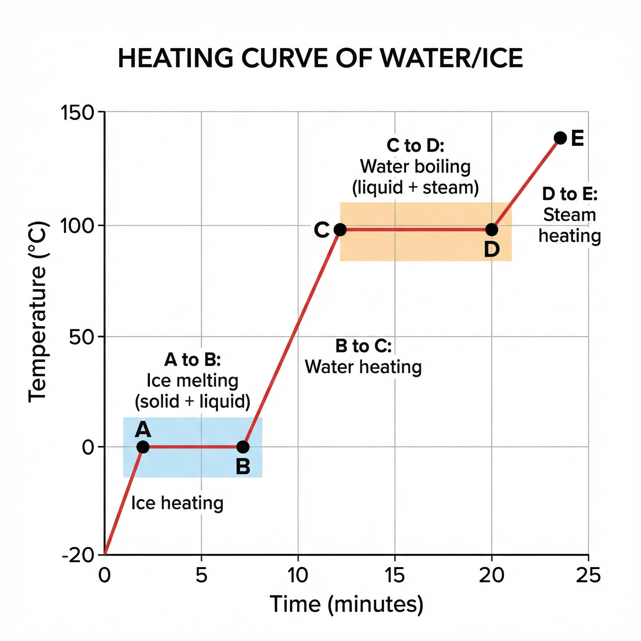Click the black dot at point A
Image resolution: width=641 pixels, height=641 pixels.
(x=143, y=447)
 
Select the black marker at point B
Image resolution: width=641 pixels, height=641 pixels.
(x=243, y=447)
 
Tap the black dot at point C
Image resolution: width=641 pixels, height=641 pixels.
(x=340, y=230)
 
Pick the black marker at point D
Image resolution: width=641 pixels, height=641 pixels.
(x=492, y=230)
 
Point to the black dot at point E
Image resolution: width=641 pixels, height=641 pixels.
(x=560, y=138)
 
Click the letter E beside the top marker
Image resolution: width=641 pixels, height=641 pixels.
(x=578, y=139)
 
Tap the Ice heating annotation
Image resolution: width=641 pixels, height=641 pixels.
(x=177, y=503)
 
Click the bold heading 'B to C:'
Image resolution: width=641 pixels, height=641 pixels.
(x=363, y=346)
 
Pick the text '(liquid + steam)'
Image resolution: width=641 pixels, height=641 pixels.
(x=415, y=188)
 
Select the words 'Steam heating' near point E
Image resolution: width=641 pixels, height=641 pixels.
(x=570, y=225)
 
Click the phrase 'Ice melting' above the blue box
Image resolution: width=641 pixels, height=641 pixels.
(x=192, y=381)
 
